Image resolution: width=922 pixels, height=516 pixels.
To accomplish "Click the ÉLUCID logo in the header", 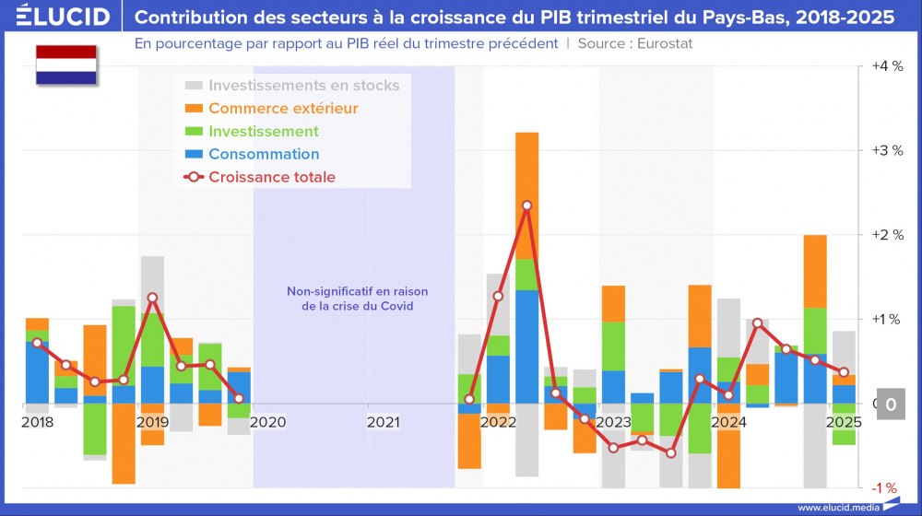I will [x=63, y=17].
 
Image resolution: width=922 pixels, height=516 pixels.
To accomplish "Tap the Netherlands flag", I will [x=66, y=65].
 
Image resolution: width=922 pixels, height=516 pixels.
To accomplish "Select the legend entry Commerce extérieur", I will [x=283, y=108].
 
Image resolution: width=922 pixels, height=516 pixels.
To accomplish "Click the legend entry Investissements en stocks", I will [x=303, y=85].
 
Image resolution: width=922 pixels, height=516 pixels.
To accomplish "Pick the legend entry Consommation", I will [x=264, y=154].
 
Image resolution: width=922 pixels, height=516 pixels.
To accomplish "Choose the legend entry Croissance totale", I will [x=271, y=177].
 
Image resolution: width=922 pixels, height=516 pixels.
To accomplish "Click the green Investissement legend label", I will [x=264, y=131].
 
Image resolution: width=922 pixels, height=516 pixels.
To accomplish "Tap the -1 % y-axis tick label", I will [x=886, y=488].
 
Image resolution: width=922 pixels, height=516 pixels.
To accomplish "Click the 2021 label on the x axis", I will [x=384, y=422].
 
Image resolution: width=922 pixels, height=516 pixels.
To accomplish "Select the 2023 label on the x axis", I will [x=613, y=422].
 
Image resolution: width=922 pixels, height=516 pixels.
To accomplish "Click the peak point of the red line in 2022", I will [x=526, y=205].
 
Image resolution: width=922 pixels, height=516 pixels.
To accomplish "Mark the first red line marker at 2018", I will [x=37, y=343].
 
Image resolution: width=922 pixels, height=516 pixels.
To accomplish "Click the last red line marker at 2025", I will [x=844, y=372].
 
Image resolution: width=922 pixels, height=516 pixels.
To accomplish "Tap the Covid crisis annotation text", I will [x=357, y=299].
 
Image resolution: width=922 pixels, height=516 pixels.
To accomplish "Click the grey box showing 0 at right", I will [x=891, y=404].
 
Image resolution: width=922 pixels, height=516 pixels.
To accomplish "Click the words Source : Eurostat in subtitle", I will [x=635, y=43].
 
